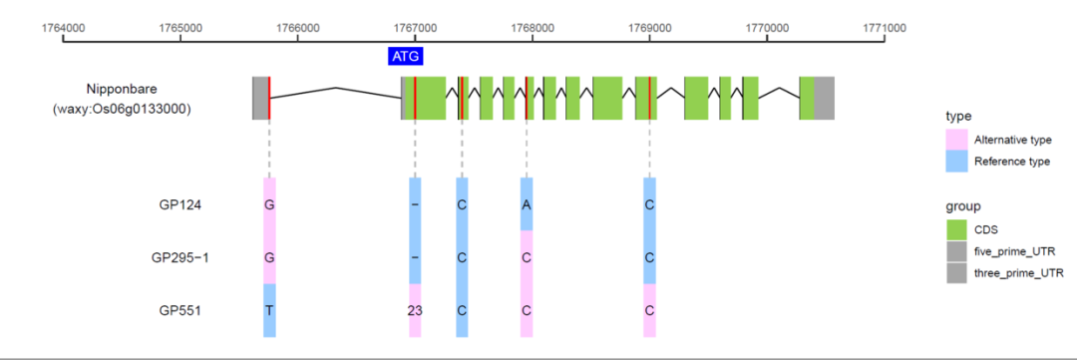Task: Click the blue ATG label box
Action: coord(405,56)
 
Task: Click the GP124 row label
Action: coord(180,204)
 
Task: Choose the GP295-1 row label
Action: coord(180,257)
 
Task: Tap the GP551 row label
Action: coord(180,310)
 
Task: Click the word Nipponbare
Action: coord(122,89)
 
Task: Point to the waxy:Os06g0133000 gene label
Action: coord(122,108)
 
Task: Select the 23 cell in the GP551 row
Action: coord(415,310)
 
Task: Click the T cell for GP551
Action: coord(269,310)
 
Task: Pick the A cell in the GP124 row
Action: coord(527,204)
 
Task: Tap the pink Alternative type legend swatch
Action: coord(957,140)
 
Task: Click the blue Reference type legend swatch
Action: coord(957,161)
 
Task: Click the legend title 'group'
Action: coord(962,206)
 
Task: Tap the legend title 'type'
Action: coord(958,116)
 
